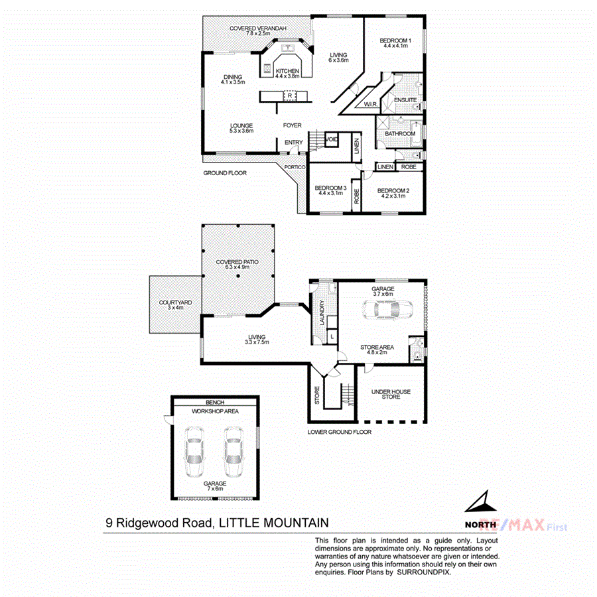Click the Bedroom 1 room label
click(395, 41)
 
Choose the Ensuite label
click(405, 100)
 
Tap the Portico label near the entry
click(295, 167)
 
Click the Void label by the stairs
click(332, 139)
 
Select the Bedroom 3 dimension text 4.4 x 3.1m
click(330, 193)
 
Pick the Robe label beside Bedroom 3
click(356, 196)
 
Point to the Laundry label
click(322, 309)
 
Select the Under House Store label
click(391, 395)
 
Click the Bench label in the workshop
click(215, 403)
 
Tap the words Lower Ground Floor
click(339, 432)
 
